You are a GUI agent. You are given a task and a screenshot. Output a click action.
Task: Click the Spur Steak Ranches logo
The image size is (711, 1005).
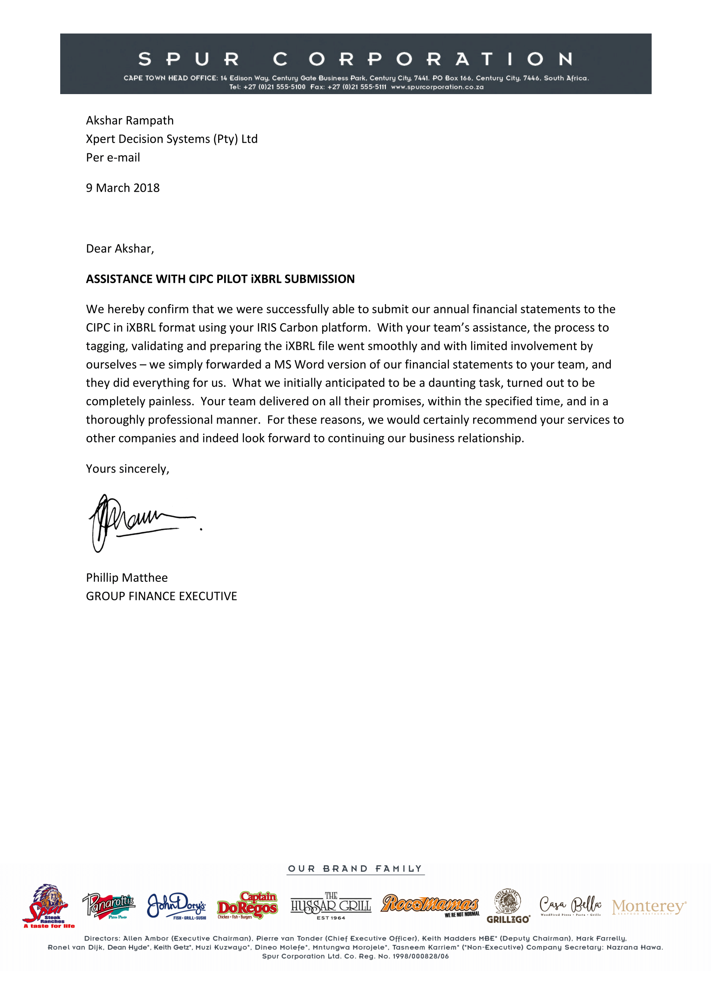(x=49, y=906)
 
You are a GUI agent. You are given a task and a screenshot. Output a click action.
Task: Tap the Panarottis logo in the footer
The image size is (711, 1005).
(x=109, y=905)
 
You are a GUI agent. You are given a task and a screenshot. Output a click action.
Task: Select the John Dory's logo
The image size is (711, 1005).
(x=176, y=905)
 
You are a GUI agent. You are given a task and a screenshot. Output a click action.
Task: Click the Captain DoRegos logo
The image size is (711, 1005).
(x=247, y=905)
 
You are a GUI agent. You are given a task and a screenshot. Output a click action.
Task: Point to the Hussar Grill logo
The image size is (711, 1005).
(x=331, y=906)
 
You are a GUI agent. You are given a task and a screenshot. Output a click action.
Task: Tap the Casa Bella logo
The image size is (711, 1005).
(x=570, y=905)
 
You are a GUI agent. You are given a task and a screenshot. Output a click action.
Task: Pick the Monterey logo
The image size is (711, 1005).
(x=649, y=906)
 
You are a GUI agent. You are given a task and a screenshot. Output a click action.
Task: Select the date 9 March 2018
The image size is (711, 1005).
(x=123, y=188)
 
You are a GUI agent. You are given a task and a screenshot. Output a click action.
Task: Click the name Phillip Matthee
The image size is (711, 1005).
(x=126, y=577)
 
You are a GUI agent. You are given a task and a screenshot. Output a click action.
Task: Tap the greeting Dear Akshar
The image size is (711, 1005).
(x=120, y=249)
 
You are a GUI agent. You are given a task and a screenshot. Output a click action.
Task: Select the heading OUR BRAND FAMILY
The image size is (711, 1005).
(x=355, y=868)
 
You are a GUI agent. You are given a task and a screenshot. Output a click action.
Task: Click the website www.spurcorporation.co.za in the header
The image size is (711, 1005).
(x=437, y=87)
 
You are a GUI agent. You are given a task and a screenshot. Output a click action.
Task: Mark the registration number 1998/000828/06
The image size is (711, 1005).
(x=421, y=956)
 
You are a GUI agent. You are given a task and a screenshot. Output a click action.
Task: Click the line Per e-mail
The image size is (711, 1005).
(x=113, y=158)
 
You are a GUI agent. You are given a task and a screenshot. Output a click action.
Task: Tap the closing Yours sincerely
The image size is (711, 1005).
(x=127, y=469)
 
